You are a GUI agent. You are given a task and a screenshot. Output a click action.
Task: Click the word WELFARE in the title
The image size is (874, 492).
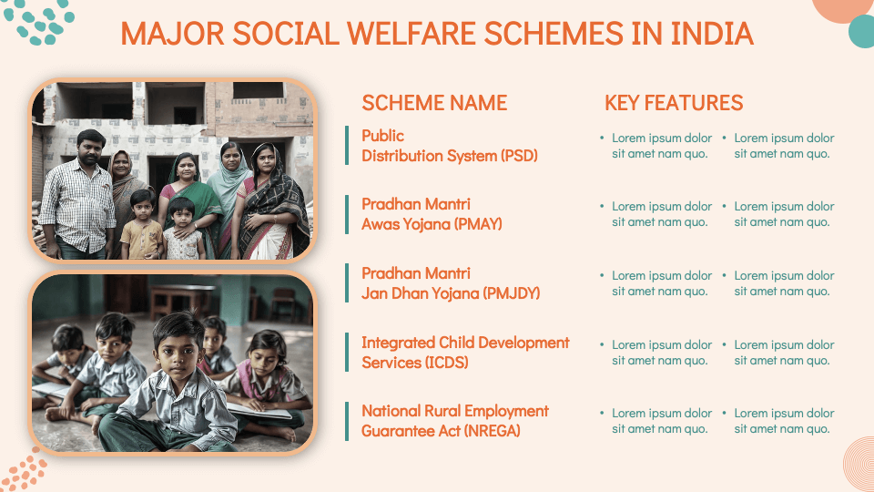pyautogui.click(x=413, y=34)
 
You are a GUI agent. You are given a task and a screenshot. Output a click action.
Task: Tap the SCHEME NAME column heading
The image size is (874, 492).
pyautogui.click(x=434, y=103)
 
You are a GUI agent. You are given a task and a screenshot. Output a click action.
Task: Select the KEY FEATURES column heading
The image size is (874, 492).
pyautogui.click(x=674, y=103)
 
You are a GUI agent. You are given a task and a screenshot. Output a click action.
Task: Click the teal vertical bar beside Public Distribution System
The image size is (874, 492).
pyautogui.click(x=347, y=145)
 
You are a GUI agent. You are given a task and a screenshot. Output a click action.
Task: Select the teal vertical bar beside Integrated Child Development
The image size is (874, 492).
pyautogui.click(x=347, y=352)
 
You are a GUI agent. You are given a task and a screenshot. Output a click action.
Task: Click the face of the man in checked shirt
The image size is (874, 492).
pyautogui.click(x=90, y=149)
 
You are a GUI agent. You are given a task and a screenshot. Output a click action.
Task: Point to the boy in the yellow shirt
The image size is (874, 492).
pyautogui.click(x=142, y=226)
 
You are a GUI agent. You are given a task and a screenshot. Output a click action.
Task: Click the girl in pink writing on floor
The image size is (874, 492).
pyautogui.click(x=267, y=379)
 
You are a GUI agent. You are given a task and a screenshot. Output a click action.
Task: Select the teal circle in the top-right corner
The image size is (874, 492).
pyautogui.click(x=862, y=32)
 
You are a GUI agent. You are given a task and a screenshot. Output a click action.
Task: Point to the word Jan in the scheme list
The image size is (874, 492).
pyautogui.click(x=374, y=293)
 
